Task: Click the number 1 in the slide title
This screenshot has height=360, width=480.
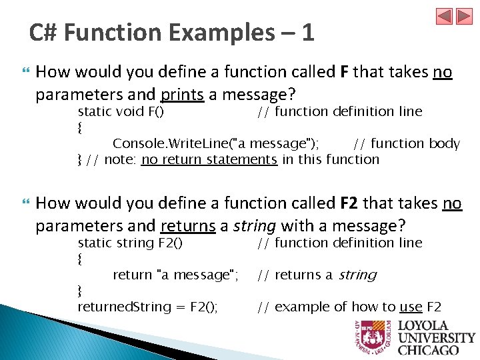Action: (x=307, y=32)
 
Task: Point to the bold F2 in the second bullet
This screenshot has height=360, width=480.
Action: (x=350, y=203)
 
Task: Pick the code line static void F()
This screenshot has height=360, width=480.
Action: (x=121, y=111)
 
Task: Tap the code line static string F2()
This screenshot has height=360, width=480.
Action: (x=130, y=243)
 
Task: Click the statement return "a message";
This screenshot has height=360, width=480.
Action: (x=175, y=275)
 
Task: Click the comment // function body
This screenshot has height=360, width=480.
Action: (x=406, y=143)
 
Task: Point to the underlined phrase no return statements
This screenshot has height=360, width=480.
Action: (x=209, y=159)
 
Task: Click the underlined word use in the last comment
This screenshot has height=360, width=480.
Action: (x=411, y=307)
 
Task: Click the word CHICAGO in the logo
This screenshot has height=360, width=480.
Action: (x=428, y=349)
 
